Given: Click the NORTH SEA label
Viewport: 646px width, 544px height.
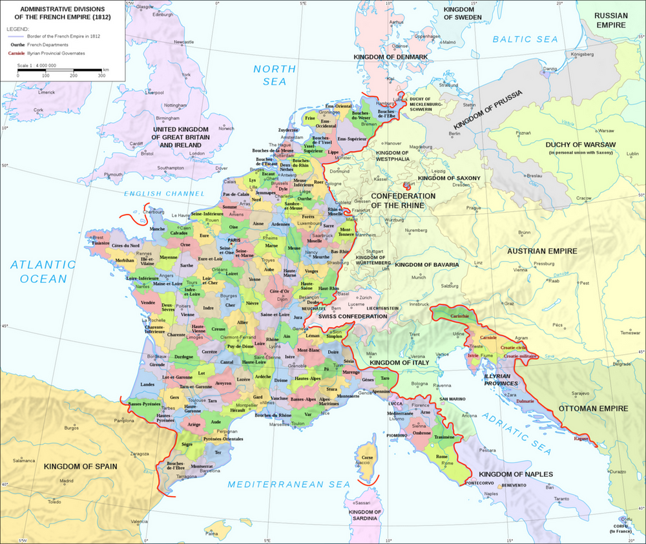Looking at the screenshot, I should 275,75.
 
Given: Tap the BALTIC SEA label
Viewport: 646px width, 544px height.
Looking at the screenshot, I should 525,39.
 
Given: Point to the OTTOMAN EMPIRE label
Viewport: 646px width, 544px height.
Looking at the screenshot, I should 592,408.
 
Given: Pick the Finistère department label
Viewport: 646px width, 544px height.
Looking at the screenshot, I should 99,243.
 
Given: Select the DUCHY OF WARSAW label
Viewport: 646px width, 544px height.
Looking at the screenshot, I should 581,144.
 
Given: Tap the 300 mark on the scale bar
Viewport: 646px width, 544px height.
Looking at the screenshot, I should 101,76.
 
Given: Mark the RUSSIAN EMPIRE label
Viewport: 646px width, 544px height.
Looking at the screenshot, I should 610,19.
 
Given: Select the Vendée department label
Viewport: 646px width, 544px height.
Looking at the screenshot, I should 148,302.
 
